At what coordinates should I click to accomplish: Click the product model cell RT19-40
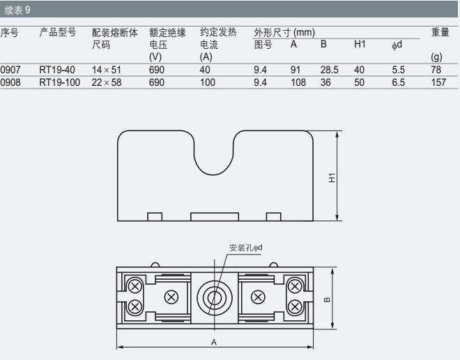coord(57,70)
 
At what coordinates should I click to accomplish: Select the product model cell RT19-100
coord(59,82)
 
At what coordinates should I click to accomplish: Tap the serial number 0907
coord(10,70)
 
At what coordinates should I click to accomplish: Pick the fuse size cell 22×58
coord(107,82)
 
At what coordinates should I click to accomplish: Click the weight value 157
coord(438,82)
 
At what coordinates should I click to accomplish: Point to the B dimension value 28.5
coord(329,70)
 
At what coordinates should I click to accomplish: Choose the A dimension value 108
coord(298,82)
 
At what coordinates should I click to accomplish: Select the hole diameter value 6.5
coord(399,82)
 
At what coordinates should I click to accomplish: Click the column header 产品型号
coord(58,32)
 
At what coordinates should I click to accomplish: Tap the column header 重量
coord(440,32)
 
